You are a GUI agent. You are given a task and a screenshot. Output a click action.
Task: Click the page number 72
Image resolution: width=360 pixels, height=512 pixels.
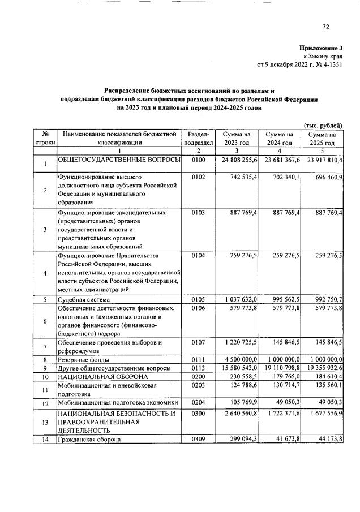tap(325, 26)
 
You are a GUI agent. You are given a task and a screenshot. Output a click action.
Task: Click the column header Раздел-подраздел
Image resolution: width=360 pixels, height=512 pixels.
tap(198, 139)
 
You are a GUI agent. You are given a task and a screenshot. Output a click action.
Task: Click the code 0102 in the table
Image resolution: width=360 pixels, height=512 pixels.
tap(198, 177)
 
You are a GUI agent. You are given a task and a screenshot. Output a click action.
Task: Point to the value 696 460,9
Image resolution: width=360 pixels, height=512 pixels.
tap(325, 177)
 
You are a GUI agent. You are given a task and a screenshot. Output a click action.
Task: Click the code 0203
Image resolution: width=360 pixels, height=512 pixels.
tap(198, 385)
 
